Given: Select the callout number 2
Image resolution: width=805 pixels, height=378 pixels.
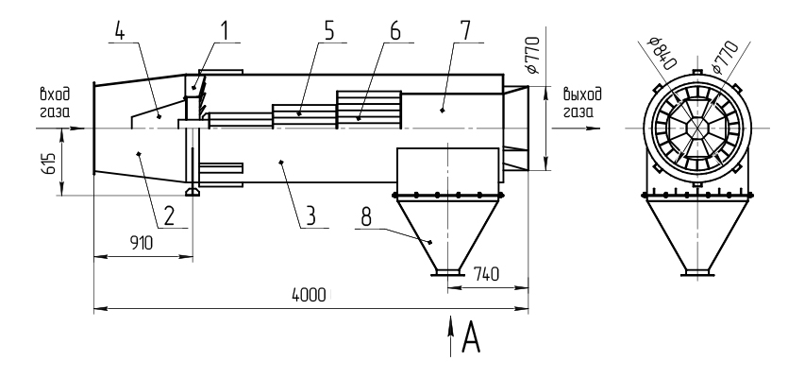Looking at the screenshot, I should click(x=167, y=215).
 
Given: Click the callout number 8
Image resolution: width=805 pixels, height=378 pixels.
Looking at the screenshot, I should click(x=367, y=215).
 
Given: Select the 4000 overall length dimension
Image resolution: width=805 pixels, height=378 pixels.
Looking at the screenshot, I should click(x=309, y=296).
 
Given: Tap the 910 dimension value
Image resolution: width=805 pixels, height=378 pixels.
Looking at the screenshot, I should click(x=143, y=243).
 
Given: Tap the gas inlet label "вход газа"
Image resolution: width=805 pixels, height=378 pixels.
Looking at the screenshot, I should click(x=54, y=102).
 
